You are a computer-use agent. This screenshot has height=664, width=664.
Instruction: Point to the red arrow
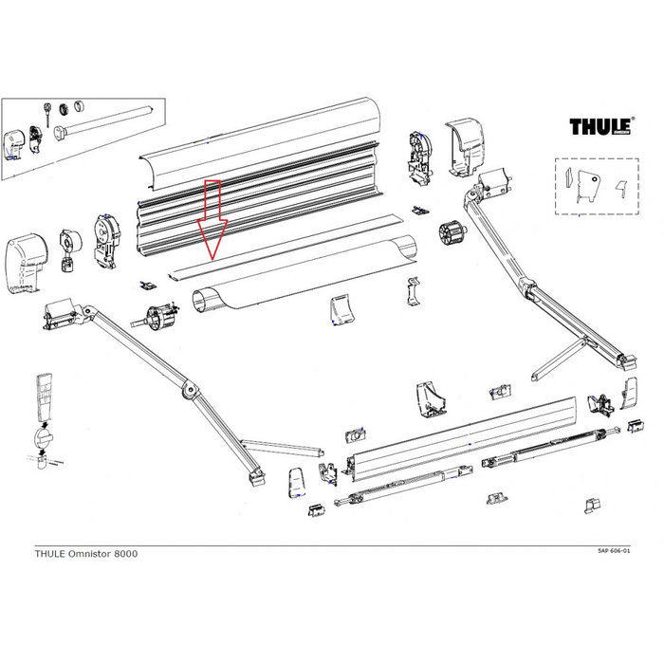click(x=212, y=220)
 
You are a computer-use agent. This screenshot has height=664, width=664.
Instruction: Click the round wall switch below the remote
click(x=42, y=438)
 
